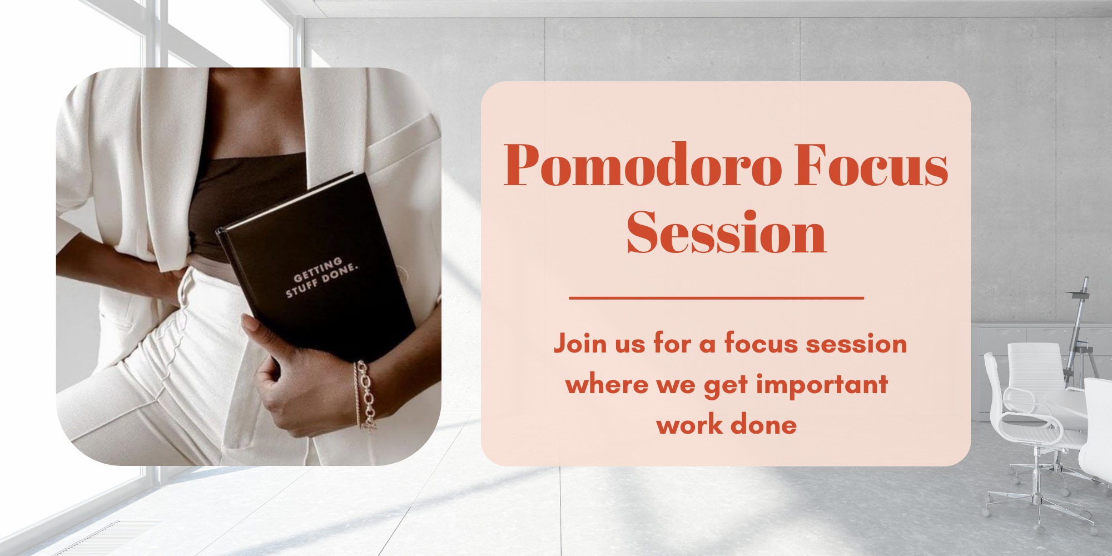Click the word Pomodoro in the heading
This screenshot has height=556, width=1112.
pyautogui.click(x=642, y=166)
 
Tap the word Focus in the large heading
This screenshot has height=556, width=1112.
pyautogui.click(x=871, y=166)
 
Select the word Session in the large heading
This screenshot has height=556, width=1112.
pyautogui.click(x=726, y=234)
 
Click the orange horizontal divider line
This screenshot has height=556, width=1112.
pyautogui.click(x=716, y=298)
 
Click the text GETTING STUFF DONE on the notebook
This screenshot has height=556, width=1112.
pyautogui.click(x=321, y=276)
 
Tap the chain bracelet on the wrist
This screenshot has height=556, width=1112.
pyautogui.click(x=366, y=395)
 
